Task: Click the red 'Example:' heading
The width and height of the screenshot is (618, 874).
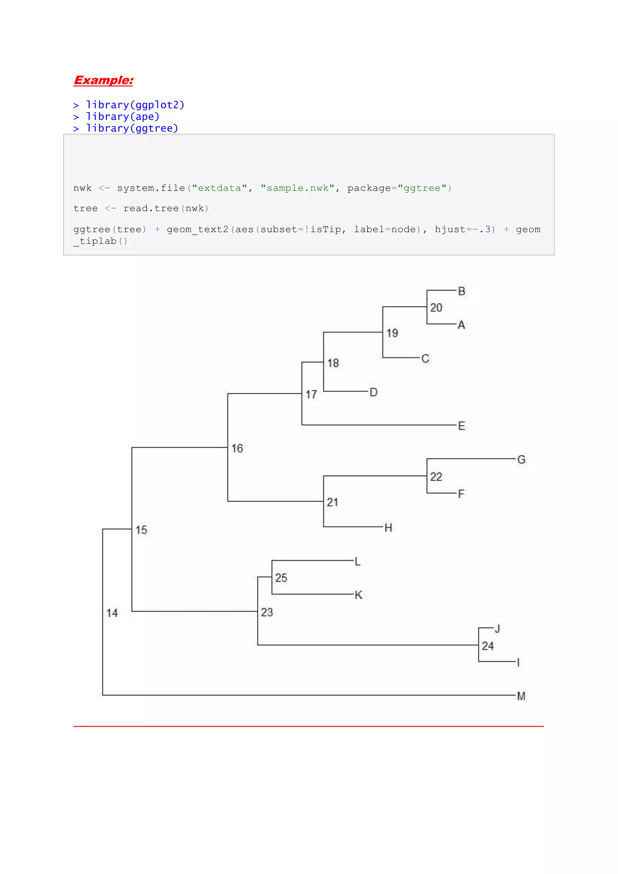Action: (103, 80)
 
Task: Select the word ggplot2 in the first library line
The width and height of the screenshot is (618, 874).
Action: (157, 105)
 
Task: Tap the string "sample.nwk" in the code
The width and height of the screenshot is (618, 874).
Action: (298, 188)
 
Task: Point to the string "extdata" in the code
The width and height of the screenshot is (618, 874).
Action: (220, 188)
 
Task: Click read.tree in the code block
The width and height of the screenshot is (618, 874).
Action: (151, 209)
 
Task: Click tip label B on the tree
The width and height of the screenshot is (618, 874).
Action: (462, 291)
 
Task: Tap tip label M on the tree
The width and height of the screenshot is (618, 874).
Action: (521, 696)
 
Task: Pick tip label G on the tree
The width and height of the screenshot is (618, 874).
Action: (521, 459)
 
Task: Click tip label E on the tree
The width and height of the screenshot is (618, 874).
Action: (462, 426)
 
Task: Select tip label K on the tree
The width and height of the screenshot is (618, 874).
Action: (358, 595)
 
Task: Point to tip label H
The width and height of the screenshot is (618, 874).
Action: (388, 528)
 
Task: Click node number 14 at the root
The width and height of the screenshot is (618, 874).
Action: (112, 613)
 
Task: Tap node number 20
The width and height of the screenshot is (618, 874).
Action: (436, 308)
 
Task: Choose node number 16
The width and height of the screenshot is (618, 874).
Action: (237, 448)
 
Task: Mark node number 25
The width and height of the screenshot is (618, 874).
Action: (281, 578)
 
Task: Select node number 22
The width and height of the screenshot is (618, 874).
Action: (436, 477)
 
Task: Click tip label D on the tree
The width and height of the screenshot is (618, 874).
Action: (374, 392)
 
